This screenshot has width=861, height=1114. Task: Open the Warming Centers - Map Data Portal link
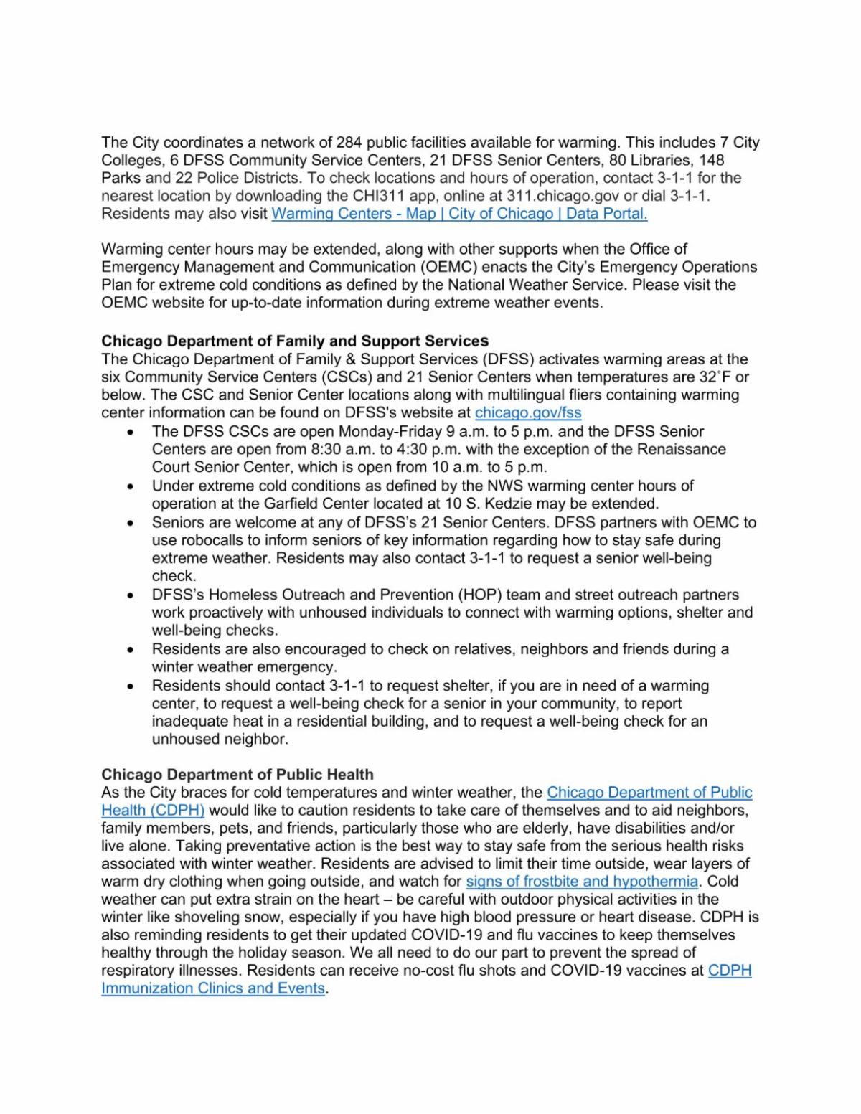459,214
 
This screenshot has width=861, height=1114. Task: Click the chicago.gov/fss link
528,412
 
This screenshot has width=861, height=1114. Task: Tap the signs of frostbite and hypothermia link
582,882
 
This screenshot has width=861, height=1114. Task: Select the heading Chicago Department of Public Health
237,775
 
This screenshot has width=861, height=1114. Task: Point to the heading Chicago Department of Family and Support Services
295,341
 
